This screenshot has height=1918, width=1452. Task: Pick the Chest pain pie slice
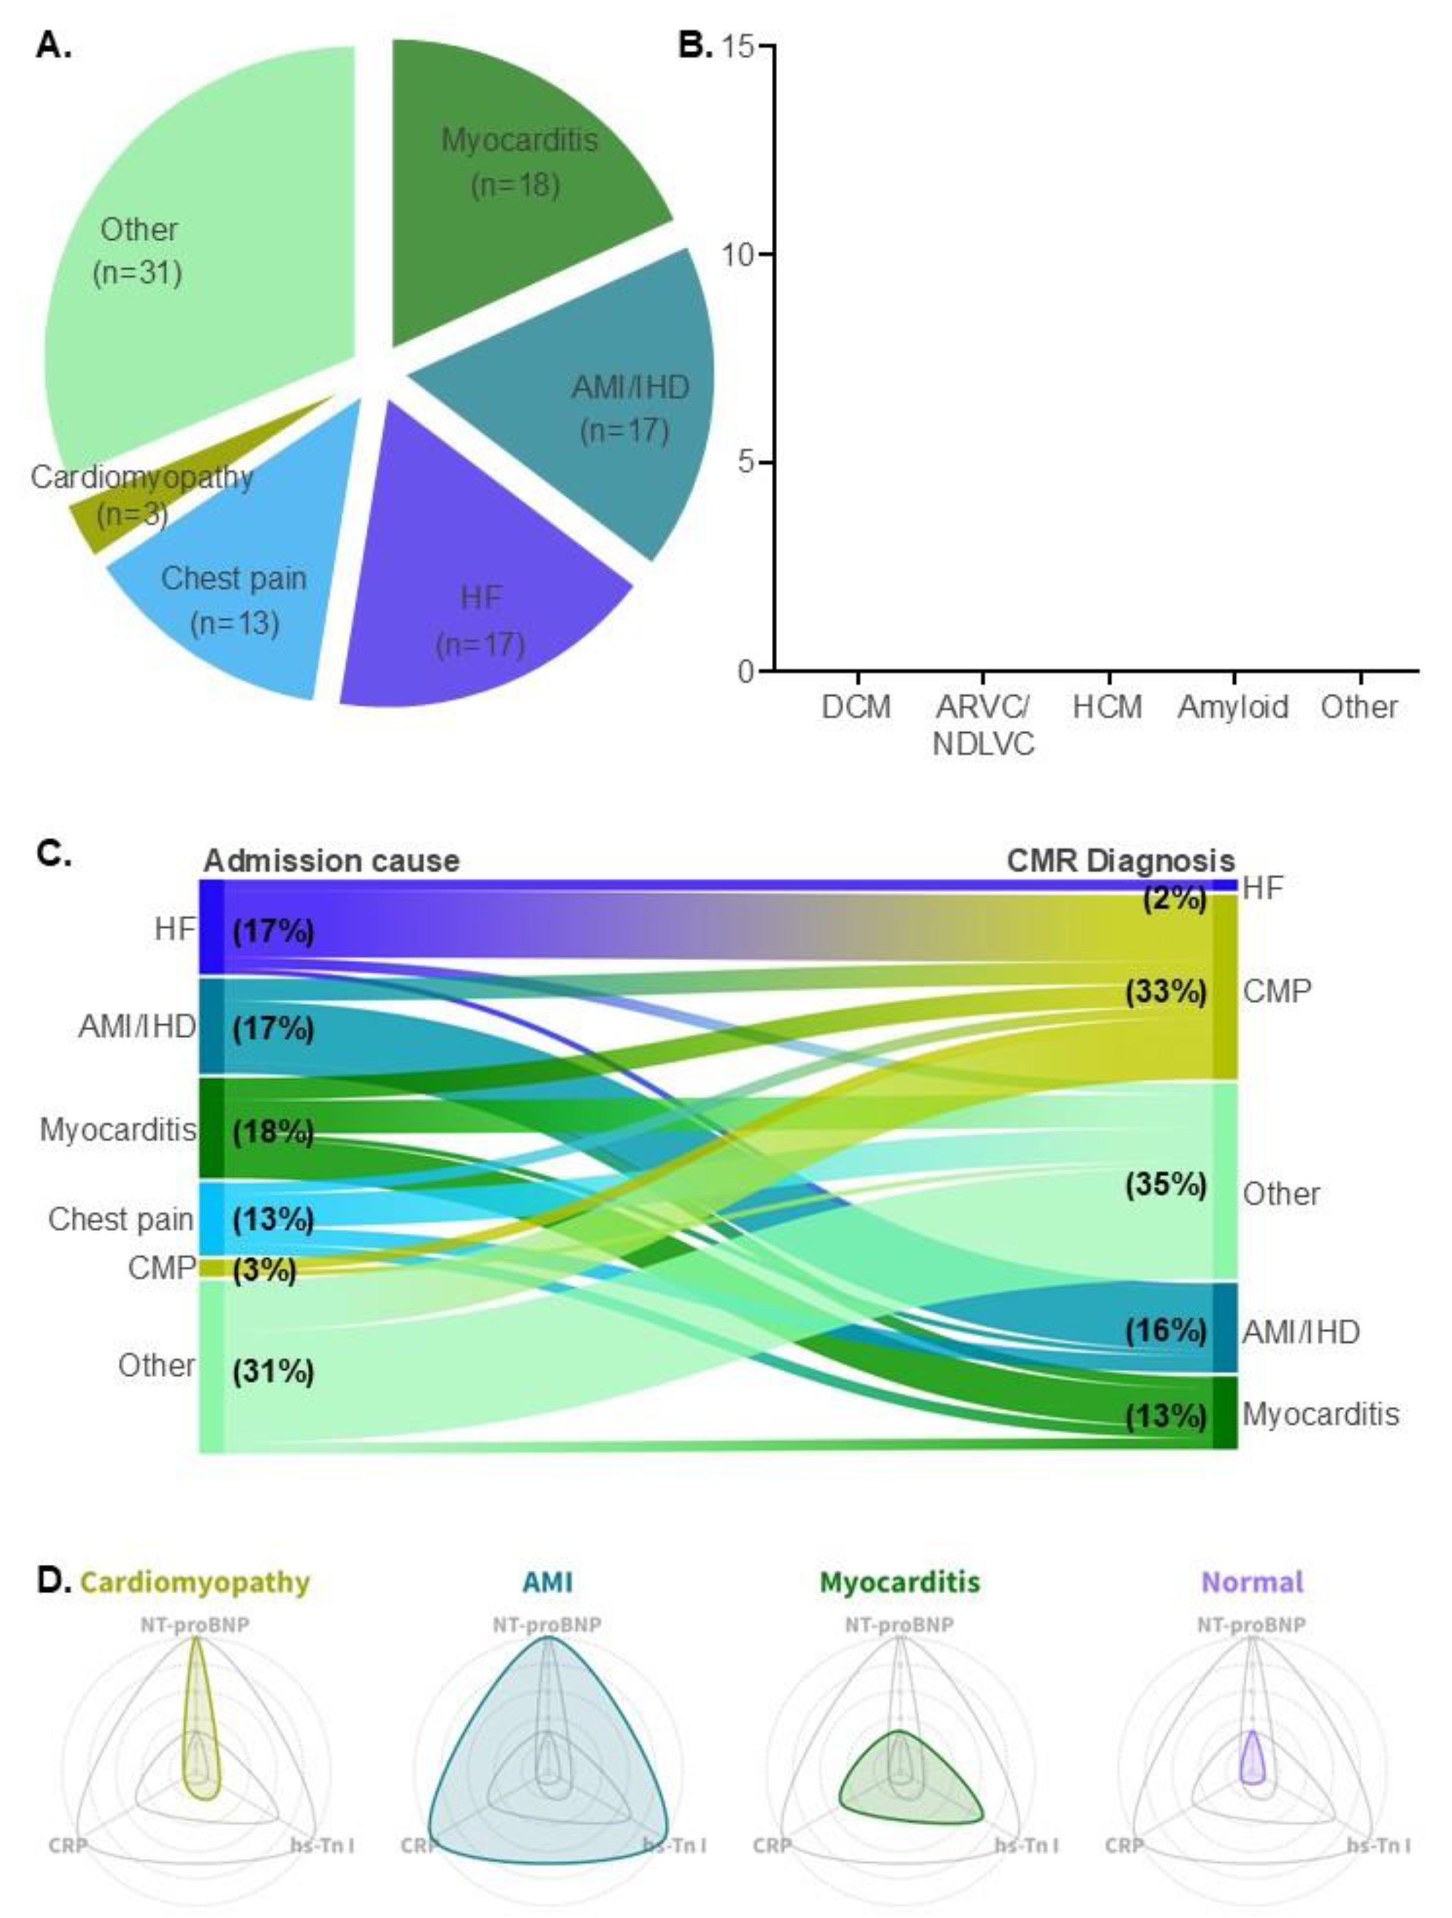point(234,607)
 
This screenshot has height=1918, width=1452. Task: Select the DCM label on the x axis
point(856,707)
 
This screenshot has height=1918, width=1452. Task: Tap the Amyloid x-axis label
point(1233,707)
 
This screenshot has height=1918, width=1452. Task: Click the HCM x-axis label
point(1107,707)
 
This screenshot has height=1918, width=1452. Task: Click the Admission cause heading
point(332,861)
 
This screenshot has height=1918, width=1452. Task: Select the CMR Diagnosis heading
point(1120,861)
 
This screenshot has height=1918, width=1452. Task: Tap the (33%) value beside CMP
point(1166,991)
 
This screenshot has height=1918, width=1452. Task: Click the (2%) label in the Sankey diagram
point(1175,898)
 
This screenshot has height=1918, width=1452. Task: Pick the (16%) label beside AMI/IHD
point(1166,1330)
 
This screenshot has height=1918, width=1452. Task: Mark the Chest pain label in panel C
point(121,1219)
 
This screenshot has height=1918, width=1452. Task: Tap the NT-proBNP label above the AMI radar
point(547,1624)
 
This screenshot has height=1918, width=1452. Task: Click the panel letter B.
point(693,45)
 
